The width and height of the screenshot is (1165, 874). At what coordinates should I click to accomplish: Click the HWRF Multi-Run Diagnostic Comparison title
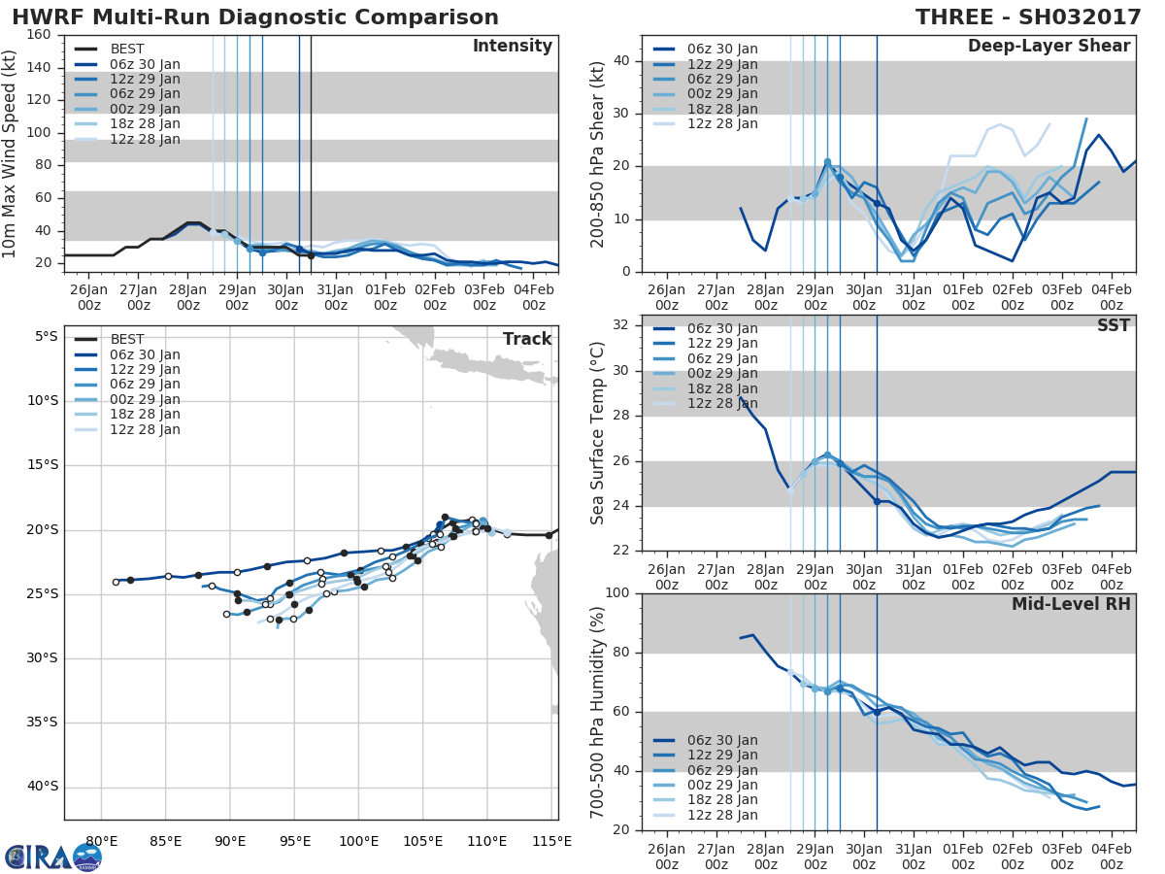[x=254, y=17]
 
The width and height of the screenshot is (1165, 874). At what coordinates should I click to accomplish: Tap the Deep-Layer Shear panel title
[x=1048, y=47]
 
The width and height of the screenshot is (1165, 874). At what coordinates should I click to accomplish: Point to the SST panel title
[x=1112, y=326]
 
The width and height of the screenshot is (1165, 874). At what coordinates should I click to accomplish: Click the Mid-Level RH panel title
[x=1071, y=604]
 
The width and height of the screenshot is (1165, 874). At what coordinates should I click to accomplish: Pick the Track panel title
[x=526, y=339]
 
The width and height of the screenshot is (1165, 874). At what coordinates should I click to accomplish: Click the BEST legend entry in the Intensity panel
[x=126, y=50]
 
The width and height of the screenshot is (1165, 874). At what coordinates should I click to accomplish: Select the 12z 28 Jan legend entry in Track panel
[x=145, y=429]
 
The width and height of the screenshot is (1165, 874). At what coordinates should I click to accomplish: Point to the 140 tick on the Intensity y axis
[x=40, y=68]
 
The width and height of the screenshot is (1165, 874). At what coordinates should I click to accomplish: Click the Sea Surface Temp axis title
[x=598, y=433]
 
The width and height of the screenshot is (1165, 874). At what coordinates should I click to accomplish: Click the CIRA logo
[x=52, y=856]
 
